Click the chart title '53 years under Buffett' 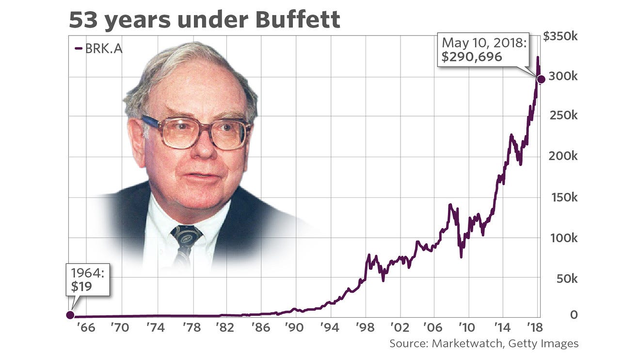coord(204,20)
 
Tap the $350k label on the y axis coord(560,37)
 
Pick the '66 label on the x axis coord(86,327)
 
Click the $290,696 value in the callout coord(472,57)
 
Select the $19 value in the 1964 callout coord(81,286)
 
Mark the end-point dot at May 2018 coord(541,79)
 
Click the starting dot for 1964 coord(70,315)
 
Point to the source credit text coord(484,344)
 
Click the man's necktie coord(186,243)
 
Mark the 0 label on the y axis coord(574,315)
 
